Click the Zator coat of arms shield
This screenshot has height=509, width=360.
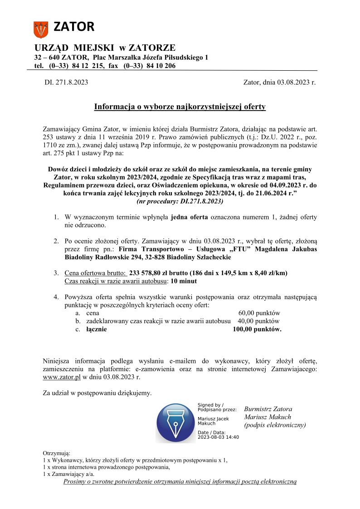click(41, 29)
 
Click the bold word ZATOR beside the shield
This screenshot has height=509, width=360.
click(74, 27)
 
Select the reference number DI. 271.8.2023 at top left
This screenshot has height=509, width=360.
click(66, 82)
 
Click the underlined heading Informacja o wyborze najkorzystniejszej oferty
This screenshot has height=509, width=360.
click(180, 107)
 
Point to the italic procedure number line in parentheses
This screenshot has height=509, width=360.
click(180, 201)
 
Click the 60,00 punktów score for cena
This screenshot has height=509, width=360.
click(259, 313)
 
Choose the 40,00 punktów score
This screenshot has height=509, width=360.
click(259, 321)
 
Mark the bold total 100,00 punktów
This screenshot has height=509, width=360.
click(257, 330)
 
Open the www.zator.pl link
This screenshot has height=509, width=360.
click(62, 377)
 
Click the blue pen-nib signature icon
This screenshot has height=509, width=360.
click(175, 423)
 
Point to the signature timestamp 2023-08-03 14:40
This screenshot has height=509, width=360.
click(218, 437)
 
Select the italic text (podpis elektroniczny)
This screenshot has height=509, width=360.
click(275, 425)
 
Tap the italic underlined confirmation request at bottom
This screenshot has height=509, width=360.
click(180, 481)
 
